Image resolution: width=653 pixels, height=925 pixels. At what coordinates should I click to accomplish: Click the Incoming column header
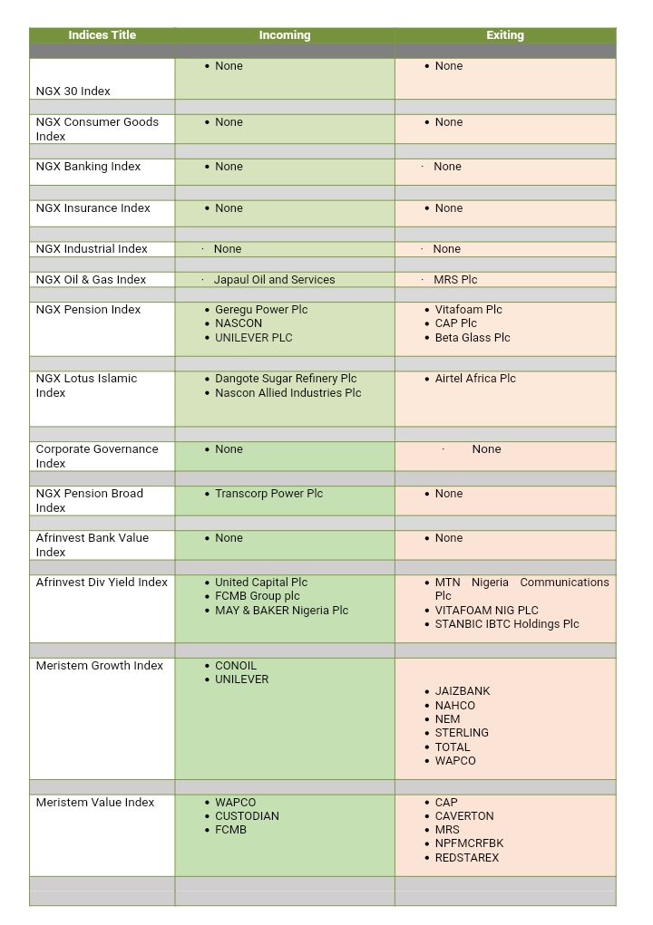285,35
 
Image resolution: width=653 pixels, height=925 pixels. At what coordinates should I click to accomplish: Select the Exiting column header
505,35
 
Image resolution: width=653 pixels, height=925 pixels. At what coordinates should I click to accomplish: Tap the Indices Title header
102,35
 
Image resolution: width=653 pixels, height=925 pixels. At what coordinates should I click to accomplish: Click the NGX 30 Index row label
73,92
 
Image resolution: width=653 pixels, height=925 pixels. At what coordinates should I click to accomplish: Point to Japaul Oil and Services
274,280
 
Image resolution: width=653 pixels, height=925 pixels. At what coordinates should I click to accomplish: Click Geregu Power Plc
261,310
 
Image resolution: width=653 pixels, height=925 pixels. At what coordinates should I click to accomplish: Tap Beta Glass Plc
473,338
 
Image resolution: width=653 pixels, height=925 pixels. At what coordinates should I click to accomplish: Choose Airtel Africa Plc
475,379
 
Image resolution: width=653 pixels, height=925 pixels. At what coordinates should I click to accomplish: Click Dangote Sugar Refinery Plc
286,379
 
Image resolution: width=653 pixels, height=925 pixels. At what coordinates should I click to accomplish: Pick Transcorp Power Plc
268,494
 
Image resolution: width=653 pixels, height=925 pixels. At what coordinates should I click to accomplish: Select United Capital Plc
261,583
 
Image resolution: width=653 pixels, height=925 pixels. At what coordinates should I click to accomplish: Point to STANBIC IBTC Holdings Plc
507,624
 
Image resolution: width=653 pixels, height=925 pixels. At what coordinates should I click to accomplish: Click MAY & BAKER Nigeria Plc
281,611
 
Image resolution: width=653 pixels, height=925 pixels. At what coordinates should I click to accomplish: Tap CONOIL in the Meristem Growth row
236,666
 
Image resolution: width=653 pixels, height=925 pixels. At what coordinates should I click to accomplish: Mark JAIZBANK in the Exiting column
463,691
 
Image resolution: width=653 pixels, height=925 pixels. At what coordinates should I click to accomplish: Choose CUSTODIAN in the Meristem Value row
247,816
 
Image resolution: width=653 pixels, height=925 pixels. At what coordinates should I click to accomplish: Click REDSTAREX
467,858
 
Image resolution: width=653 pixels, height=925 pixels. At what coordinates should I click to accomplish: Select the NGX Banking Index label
88,167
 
